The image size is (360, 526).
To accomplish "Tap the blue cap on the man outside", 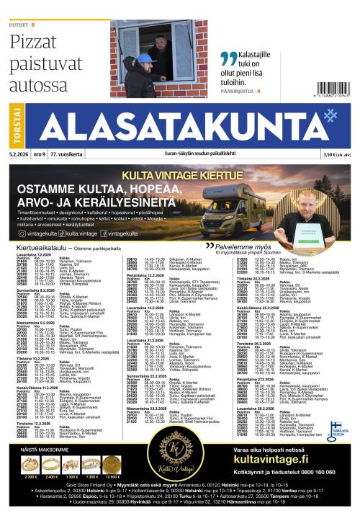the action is (x=143, y=58).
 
